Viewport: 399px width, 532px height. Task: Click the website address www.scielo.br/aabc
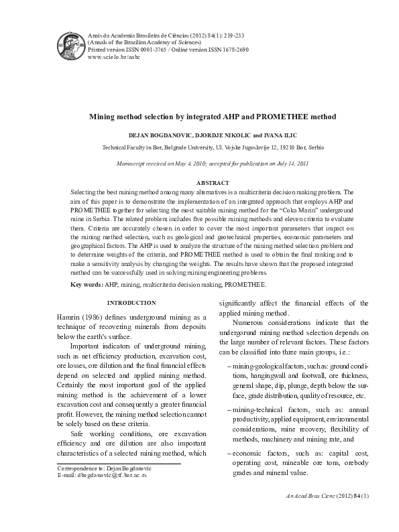click(x=111, y=58)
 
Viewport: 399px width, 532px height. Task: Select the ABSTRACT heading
click(x=212, y=182)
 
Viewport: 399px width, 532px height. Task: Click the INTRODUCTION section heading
click(x=132, y=303)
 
